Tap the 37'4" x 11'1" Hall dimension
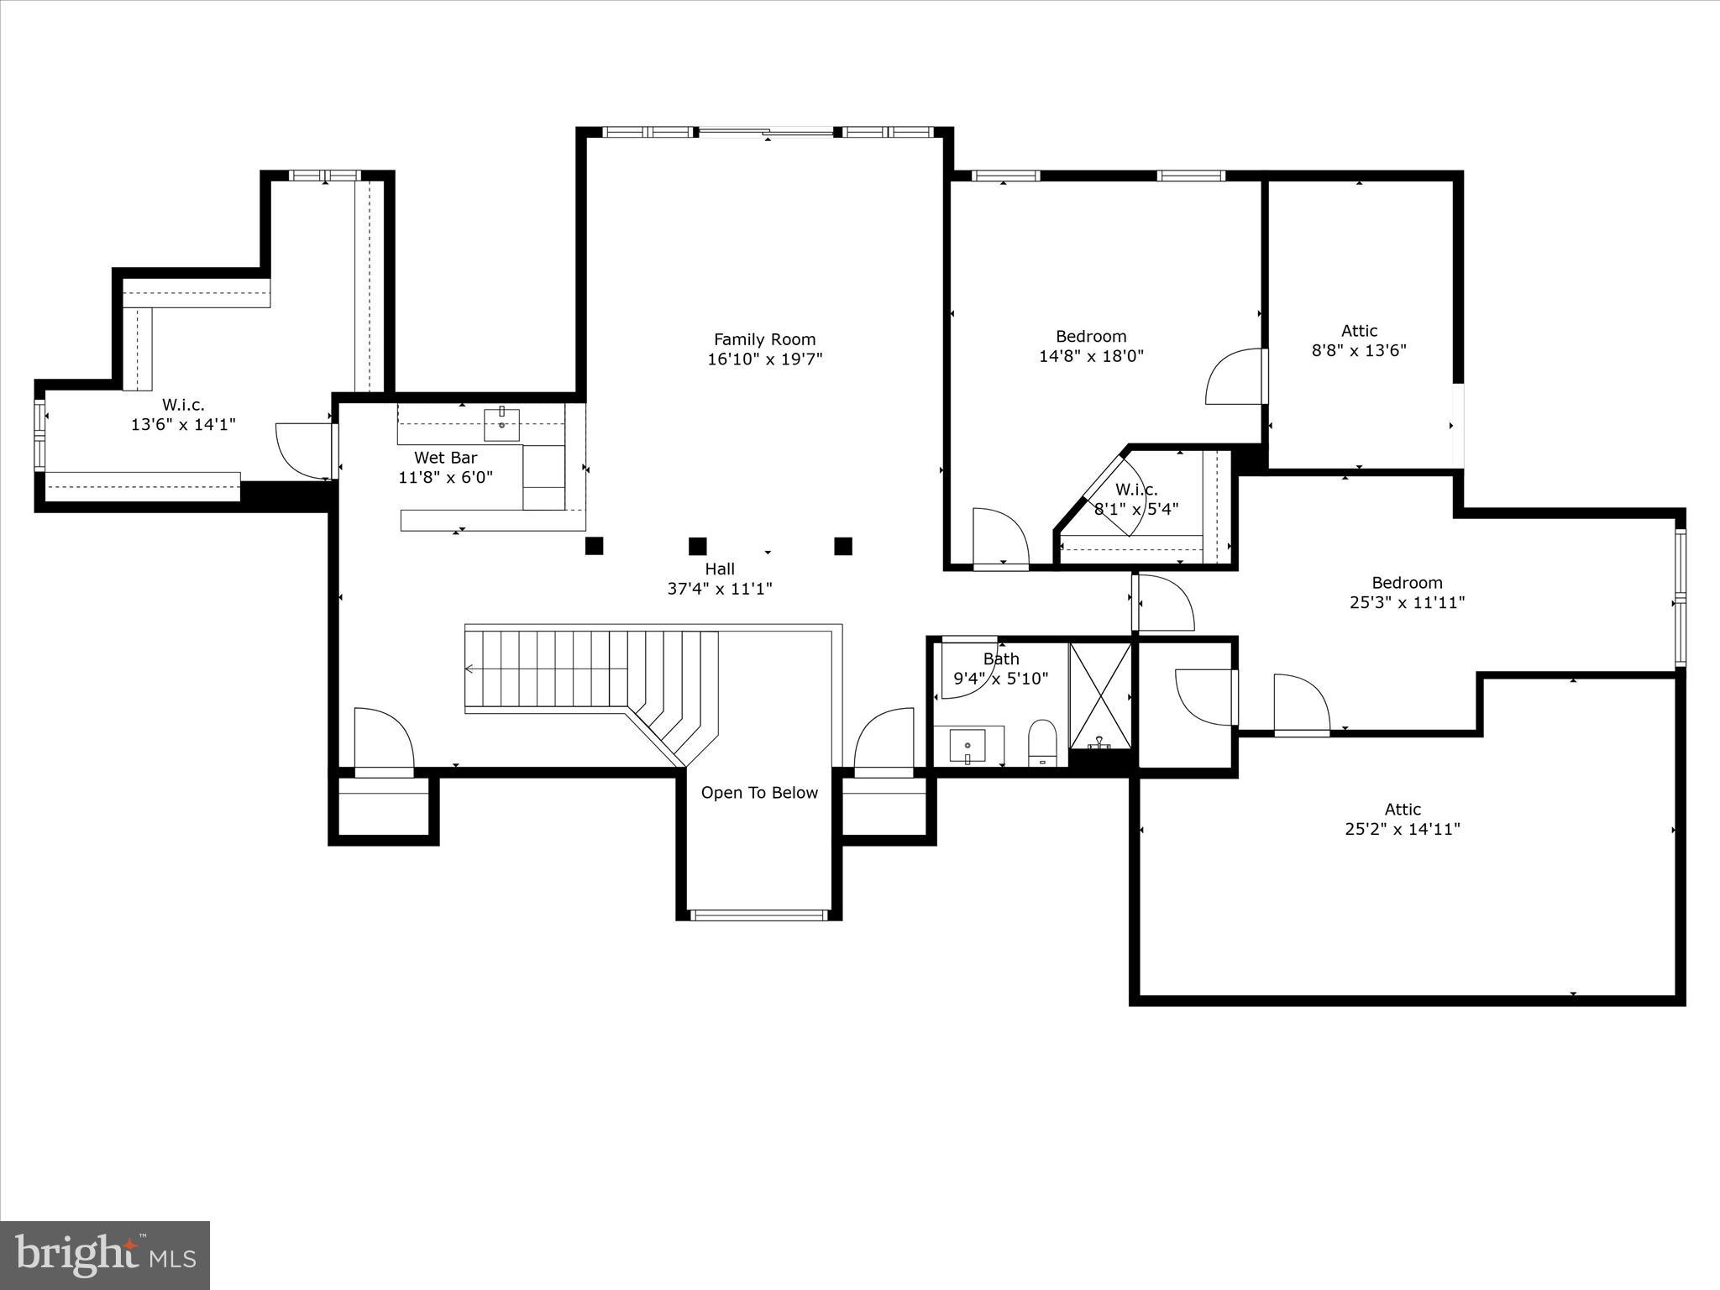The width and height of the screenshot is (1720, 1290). click(720, 589)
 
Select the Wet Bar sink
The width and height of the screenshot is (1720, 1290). click(501, 424)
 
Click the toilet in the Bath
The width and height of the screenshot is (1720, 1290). click(1042, 742)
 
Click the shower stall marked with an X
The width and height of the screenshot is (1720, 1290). click(1100, 694)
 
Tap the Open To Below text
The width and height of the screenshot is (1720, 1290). click(759, 793)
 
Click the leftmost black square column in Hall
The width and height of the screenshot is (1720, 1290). click(594, 546)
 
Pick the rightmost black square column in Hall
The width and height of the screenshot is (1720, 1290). click(843, 546)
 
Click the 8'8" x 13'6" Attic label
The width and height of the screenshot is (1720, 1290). click(1359, 341)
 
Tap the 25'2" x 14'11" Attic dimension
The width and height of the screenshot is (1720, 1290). click(1403, 829)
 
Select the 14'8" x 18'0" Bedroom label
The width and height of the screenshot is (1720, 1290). click(1091, 346)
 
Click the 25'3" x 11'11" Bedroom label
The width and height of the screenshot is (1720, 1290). click(1407, 593)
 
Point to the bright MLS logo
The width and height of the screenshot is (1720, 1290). click(105, 1255)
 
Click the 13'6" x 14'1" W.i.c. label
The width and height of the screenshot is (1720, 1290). click(183, 415)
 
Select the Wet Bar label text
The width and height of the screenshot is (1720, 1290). click(445, 458)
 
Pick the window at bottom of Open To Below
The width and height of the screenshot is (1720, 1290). click(758, 915)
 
